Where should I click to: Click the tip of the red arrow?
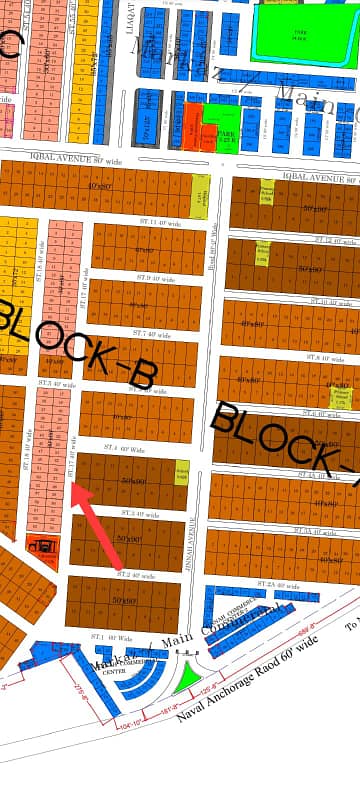coord(72,486)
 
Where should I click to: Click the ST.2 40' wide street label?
coord(136,575)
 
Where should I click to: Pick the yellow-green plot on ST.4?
coord(182,468)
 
